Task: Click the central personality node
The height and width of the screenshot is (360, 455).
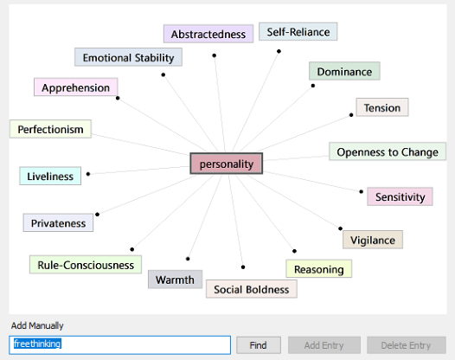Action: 227,164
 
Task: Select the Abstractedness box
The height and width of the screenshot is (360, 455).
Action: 208,34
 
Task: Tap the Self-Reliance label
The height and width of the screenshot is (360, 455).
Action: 298,32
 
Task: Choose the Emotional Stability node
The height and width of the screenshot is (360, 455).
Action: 128,57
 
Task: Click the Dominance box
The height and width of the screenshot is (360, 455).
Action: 344,71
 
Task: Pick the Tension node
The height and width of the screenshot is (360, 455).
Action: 382,107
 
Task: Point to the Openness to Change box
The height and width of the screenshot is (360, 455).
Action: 388,151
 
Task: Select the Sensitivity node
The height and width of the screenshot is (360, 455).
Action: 400,196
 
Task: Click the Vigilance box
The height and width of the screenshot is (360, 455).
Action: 373,240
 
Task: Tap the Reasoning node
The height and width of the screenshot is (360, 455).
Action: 318,269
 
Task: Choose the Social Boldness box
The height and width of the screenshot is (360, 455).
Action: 252,289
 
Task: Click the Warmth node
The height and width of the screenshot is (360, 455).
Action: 175,280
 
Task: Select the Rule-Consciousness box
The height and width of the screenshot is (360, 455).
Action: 86,265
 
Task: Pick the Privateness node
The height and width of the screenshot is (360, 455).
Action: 58,222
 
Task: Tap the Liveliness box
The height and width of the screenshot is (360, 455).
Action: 50,176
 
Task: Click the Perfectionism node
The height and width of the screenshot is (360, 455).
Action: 50,129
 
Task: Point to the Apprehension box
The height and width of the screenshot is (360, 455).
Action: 76,87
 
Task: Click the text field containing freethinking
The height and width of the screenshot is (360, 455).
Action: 120,345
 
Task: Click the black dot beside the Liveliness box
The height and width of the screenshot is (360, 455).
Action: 88,174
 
